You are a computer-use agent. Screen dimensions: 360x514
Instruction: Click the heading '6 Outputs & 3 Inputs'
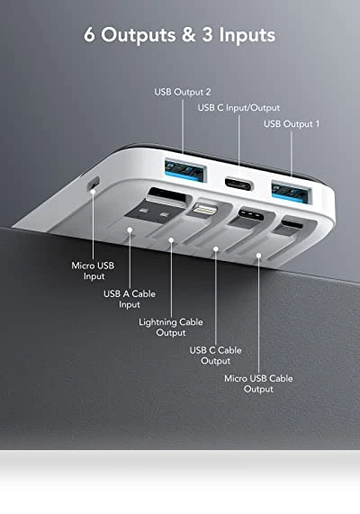179,34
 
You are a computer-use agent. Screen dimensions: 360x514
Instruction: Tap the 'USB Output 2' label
183,92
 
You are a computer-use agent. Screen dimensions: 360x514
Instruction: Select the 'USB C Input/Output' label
238,108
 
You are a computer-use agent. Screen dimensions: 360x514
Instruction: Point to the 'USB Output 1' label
292,124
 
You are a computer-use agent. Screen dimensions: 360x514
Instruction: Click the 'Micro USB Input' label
93,271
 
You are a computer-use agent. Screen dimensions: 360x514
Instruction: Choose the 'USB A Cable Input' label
130,299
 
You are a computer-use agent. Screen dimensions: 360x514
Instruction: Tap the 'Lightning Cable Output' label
171,327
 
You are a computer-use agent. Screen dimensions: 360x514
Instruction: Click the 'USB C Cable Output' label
215,356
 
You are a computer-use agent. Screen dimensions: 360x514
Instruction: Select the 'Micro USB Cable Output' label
258,383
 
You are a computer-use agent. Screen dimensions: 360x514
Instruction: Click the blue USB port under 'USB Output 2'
185,170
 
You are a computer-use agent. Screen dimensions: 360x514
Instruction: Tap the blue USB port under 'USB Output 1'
292,192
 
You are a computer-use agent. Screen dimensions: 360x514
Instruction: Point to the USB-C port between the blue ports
239,184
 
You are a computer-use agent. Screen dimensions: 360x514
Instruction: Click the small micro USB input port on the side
94,183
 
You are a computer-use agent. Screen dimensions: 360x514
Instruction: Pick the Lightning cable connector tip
205,209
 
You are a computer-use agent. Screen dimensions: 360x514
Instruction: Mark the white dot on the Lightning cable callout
171,240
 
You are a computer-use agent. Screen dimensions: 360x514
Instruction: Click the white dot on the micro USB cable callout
258,256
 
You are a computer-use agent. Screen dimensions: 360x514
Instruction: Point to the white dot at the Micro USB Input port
93,191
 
